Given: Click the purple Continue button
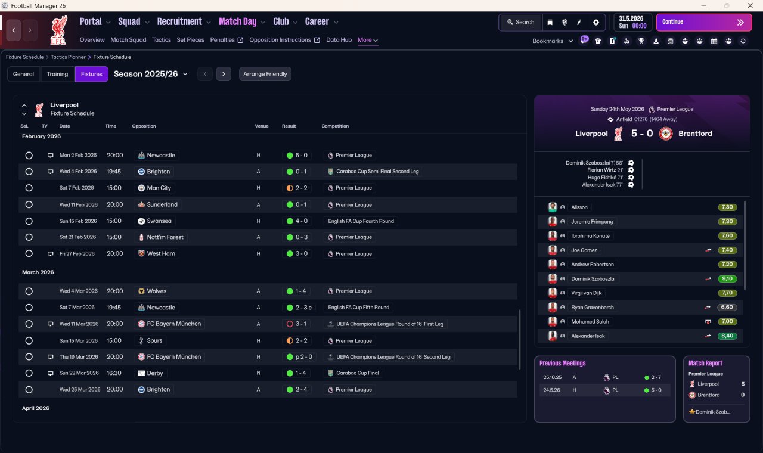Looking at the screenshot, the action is (704, 22).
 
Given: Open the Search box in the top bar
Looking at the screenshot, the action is (521, 22).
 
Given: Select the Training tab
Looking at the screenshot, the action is (57, 74).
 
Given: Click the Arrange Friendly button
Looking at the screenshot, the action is (265, 74).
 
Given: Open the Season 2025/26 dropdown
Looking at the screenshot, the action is (151, 74).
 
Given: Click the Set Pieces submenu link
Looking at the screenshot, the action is (190, 40).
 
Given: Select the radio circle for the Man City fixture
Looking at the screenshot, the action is (29, 188).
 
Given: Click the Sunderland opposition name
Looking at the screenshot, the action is (162, 204).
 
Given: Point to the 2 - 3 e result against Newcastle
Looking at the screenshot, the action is (303, 308).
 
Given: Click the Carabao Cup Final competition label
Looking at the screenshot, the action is (357, 373).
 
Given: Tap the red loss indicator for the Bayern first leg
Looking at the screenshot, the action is (290, 324).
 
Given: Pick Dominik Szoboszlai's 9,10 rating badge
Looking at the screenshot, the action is (727, 278).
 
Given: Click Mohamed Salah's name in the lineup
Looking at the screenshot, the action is (590, 321).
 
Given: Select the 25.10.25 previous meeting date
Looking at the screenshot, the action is (552, 377).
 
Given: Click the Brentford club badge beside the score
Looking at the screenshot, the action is (666, 134).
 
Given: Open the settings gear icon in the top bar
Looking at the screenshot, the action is (595, 23).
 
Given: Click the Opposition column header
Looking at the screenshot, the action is (144, 126).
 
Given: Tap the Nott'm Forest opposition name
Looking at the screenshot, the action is (165, 237).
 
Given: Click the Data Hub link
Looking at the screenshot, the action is (339, 40).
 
